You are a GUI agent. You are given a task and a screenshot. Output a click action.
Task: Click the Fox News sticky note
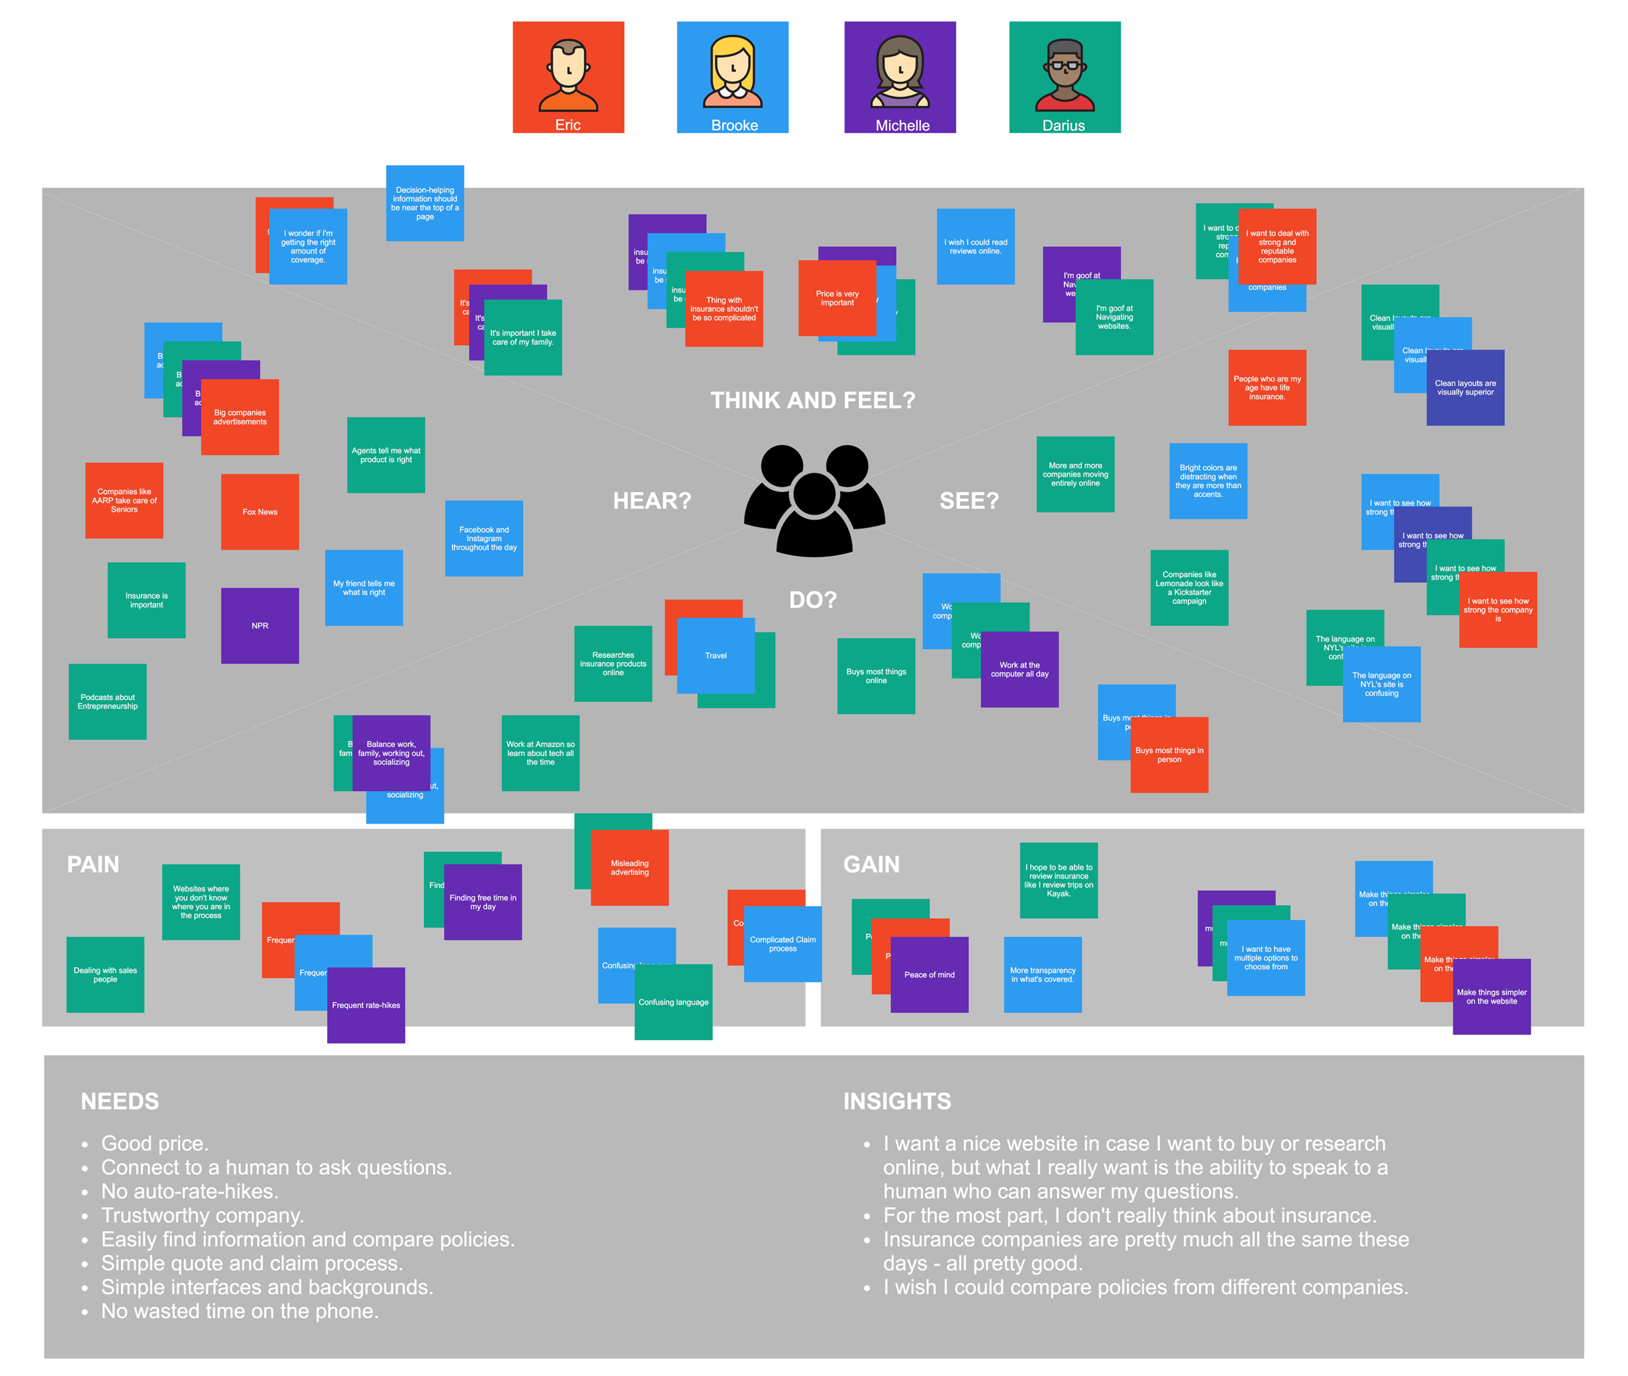(260, 512)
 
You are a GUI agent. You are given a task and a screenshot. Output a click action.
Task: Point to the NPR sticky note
(260, 626)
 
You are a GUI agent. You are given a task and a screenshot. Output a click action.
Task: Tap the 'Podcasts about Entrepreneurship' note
(107, 701)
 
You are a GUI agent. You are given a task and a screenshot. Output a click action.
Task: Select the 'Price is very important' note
(837, 298)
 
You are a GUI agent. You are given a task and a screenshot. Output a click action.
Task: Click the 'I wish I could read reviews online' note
(975, 247)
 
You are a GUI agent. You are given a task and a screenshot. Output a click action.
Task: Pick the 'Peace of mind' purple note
(929, 974)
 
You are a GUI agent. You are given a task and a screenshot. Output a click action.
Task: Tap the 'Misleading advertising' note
(630, 867)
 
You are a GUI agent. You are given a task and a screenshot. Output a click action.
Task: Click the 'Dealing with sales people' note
(105, 974)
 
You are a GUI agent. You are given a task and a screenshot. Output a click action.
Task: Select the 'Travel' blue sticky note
(715, 655)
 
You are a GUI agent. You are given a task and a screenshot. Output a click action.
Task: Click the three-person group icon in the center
(815, 501)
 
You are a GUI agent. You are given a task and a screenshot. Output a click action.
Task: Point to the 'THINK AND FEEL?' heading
(812, 400)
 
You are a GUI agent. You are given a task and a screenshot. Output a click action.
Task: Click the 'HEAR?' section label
(652, 501)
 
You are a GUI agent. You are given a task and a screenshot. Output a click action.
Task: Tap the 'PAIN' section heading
(93, 864)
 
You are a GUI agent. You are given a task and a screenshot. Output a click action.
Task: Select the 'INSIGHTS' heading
(897, 1101)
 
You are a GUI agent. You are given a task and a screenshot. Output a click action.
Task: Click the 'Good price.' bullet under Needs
(154, 1143)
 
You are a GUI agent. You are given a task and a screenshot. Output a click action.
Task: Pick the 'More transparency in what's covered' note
(1042, 974)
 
